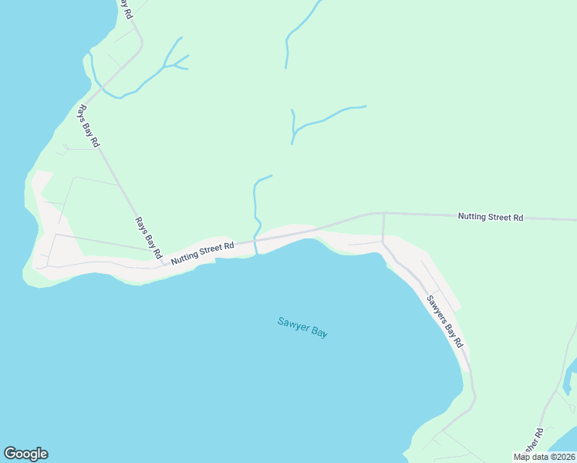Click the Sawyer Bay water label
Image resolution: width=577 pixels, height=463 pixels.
303,326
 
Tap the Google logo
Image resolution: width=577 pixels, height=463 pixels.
25,454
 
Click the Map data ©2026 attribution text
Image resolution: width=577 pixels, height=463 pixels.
545,457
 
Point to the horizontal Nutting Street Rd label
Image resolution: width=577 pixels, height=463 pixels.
491,217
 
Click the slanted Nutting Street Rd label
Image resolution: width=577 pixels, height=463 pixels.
203,253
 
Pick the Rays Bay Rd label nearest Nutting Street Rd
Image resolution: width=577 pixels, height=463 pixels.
149,237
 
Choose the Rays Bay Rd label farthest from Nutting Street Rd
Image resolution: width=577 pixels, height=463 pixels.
87,125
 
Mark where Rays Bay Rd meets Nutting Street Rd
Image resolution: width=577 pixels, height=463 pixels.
164,263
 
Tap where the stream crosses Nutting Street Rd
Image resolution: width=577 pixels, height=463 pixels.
255,241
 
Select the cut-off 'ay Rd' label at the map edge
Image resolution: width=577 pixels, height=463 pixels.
125,8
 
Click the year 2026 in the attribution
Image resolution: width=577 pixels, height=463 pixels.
564,457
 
